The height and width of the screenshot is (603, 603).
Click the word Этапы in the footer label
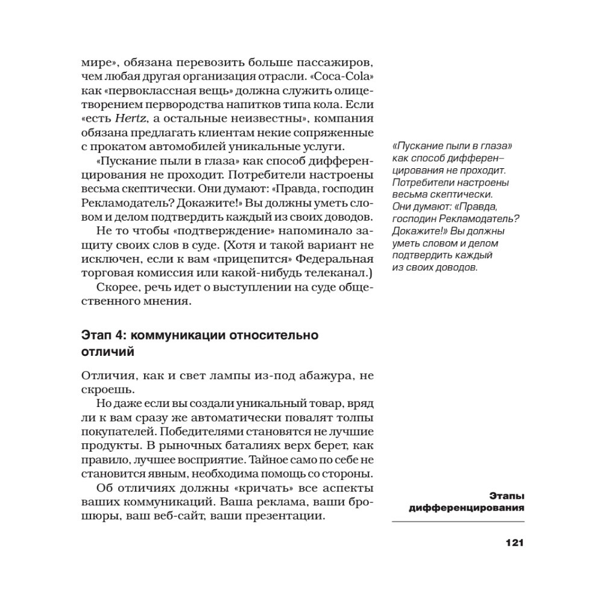507,496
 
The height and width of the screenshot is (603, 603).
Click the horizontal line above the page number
458,522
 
